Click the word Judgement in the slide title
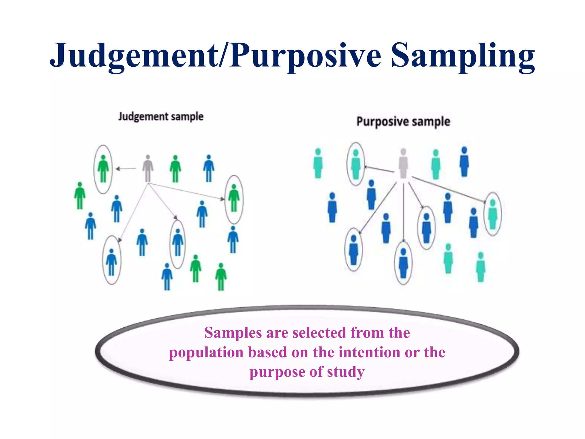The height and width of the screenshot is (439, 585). pos(134,56)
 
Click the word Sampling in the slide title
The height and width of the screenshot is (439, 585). pos(463,56)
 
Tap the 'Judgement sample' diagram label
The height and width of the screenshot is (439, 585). pos(161,117)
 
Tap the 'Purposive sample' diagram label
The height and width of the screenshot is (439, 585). pos(403,122)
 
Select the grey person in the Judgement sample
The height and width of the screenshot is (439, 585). pos(148,169)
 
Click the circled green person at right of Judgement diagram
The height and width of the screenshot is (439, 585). pos(234,198)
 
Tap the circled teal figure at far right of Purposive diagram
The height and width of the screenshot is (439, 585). pos(493,214)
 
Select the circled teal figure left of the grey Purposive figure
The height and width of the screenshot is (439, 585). pos(356,165)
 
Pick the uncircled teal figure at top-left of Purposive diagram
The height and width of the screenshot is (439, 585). pos(318,163)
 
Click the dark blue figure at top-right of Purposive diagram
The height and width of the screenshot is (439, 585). pos(464,162)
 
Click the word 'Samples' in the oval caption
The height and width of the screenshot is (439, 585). pos(233,333)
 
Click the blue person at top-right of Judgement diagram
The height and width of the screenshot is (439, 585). pos(209,169)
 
